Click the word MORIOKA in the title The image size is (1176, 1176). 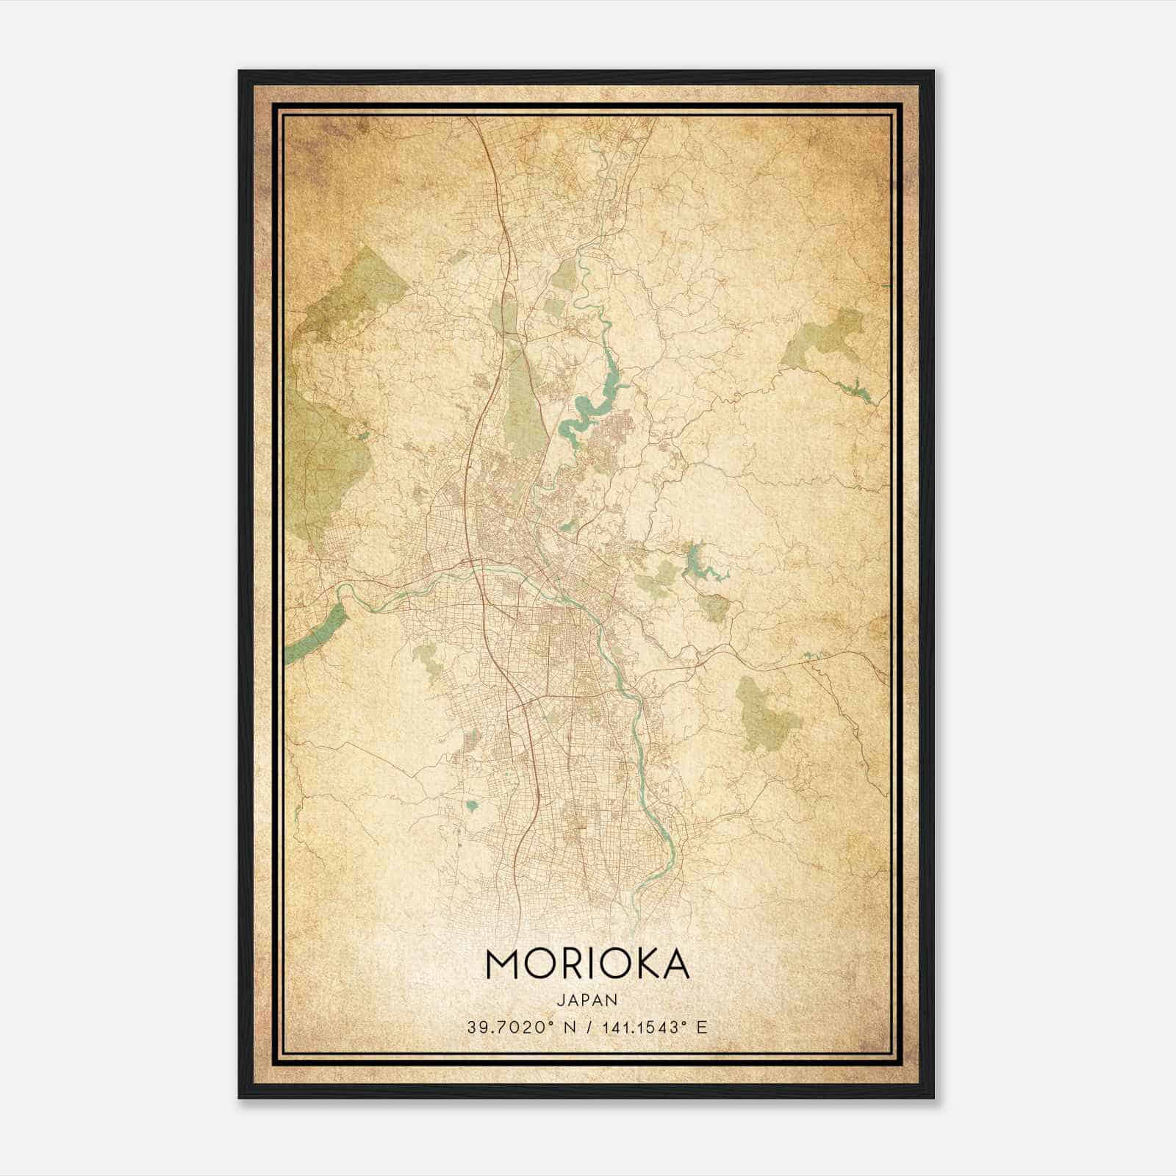pos(587,964)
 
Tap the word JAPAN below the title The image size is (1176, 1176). pos(587,1000)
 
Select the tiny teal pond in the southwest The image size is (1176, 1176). pos(471,806)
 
